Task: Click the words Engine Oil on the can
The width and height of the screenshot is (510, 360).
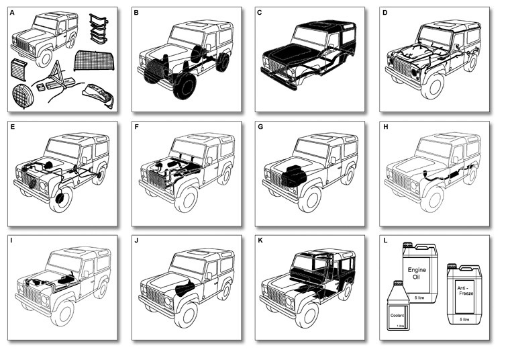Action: click(x=418, y=275)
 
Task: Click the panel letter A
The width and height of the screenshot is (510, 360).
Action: click(x=13, y=12)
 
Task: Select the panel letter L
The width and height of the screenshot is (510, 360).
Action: click(x=385, y=240)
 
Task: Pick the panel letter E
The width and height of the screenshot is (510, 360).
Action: click(x=13, y=126)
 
